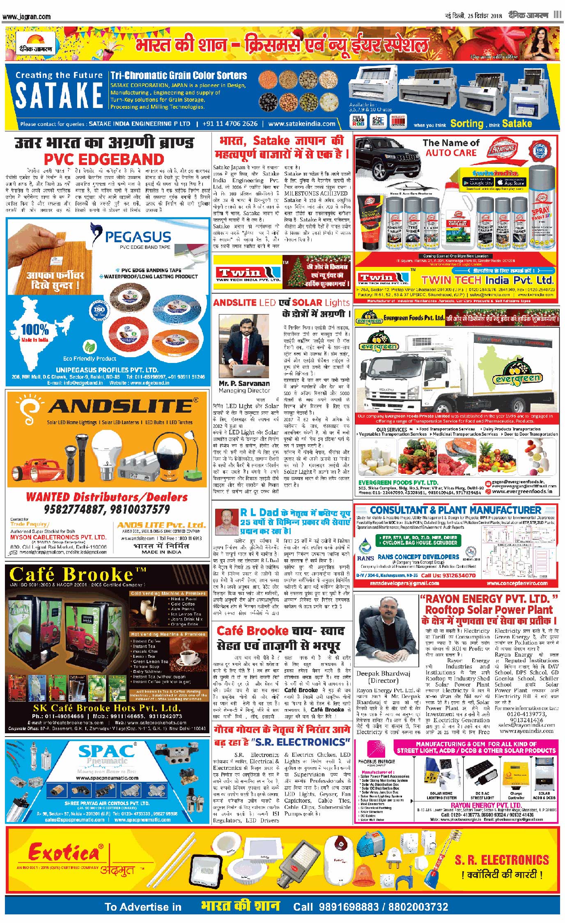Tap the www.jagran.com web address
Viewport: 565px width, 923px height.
27,17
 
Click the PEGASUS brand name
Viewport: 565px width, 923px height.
138,236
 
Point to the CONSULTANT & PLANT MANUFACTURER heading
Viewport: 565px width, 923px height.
455,510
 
